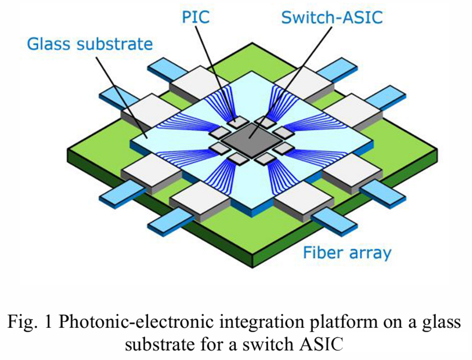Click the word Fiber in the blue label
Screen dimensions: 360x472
322,253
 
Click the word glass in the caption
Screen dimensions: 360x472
437,323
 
